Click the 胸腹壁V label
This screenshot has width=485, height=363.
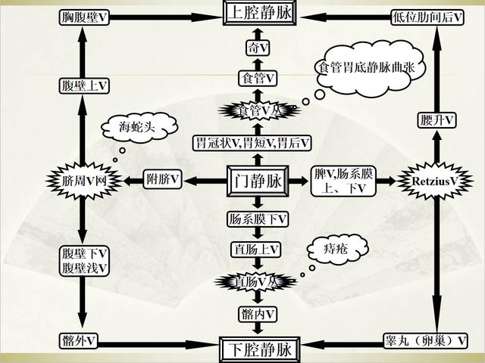pyautogui.click(x=82, y=16)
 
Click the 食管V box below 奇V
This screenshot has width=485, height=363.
pyautogui.click(x=256, y=78)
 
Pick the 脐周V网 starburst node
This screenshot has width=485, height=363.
pyautogui.click(x=82, y=181)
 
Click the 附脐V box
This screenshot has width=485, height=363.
pyautogui.click(x=164, y=180)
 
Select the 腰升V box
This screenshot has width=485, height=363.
pyautogui.click(x=436, y=119)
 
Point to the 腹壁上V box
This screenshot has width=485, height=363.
pyautogui.click(x=82, y=85)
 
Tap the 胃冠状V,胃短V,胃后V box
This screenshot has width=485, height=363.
pyautogui.click(x=256, y=143)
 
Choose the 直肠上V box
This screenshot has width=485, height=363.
pyautogui.click(x=256, y=249)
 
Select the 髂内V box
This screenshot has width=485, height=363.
pyautogui.click(x=256, y=313)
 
